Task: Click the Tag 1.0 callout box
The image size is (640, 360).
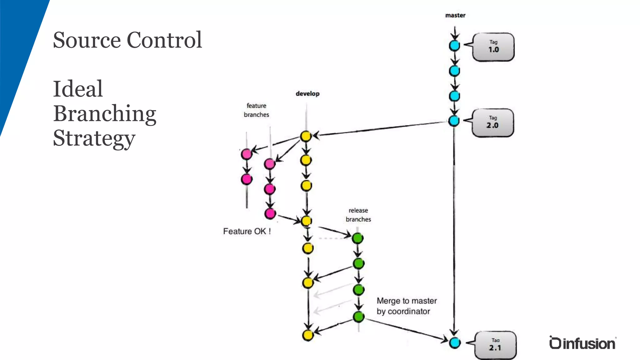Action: tap(493, 47)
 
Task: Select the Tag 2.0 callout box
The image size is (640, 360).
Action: tap(492, 122)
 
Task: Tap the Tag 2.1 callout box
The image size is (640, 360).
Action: tap(495, 345)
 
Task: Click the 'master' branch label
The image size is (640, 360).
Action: tap(455, 15)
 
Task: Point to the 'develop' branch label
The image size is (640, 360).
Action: tap(307, 93)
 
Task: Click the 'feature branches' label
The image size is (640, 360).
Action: tap(256, 110)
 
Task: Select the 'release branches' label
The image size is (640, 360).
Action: tap(358, 215)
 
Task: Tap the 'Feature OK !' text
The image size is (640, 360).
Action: tap(247, 231)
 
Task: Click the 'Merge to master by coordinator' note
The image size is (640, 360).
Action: tap(406, 306)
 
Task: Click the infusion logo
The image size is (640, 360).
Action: tap(582, 343)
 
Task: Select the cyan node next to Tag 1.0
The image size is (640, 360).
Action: tap(454, 46)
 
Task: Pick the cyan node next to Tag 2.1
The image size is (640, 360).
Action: tap(455, 342)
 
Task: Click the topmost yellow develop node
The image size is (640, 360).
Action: tap(306, 136)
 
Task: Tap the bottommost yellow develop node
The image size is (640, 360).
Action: tap(308, 335)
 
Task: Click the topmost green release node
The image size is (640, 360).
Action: tap(357, 238)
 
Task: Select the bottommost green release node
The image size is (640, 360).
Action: tap(359, 317)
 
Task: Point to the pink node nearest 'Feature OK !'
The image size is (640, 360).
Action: tap(270, 214)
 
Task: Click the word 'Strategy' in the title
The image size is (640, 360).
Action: tap(94, 138)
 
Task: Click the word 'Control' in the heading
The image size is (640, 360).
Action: tap(164, 40)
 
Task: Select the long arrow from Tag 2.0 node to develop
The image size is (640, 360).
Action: tap(381, 128)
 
